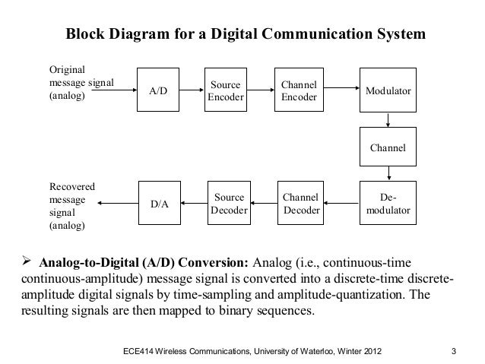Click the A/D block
[x=158, y=91]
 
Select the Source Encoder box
[x=226, y=91]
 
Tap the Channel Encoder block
[x=300, y=91]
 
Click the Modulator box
[x=388, y=91]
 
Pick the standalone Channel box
[x=388, y=147]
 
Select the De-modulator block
[x=388, y=204]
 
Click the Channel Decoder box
[x=300, y=204]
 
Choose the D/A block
[x=158, y=204]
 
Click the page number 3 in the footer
[x=453, y=351]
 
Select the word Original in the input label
[x=67, y=68]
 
